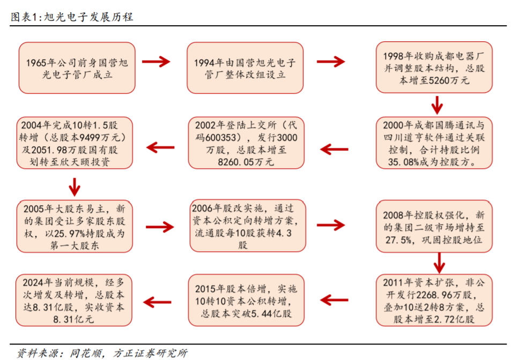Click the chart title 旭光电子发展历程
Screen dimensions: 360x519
[72, 17]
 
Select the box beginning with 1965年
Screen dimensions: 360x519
[76, 68]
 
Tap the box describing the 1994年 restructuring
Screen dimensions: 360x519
[244, 68]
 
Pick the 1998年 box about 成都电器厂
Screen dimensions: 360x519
[433, 68]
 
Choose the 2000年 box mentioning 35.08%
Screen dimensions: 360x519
[433, 143]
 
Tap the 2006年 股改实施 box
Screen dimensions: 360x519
[244, 226]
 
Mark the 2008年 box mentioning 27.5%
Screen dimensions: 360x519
[433, 226]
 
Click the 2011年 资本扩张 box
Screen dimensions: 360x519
[433, 301]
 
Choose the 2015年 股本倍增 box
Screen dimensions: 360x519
[244, 301]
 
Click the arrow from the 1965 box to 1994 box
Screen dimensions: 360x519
[157, 62]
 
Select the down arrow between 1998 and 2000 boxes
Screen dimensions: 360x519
[438, 105]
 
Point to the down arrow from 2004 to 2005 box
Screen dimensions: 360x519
[75, 185]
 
